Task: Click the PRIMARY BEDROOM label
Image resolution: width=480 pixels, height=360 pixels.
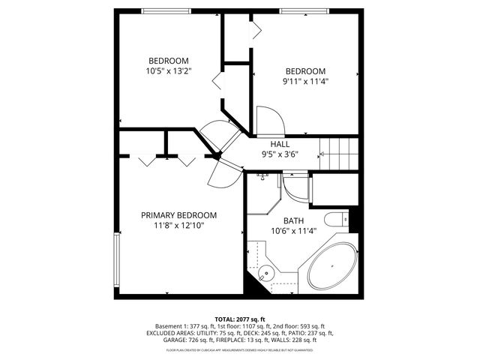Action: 178,214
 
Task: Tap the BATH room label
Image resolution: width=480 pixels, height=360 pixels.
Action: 293,220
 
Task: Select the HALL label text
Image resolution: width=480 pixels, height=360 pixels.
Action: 280,144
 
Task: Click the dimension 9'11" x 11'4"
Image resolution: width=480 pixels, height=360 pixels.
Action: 305,82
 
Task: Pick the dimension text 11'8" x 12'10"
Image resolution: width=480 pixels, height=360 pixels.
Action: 178,225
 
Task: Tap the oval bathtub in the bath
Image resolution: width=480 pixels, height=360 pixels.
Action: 330,265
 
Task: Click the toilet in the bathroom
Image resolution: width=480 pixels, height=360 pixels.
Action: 335,220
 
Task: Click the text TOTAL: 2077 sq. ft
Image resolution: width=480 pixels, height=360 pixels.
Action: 240,319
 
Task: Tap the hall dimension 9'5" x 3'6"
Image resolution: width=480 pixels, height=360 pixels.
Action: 280,154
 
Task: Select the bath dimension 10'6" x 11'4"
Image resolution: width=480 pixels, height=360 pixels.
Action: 293,231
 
